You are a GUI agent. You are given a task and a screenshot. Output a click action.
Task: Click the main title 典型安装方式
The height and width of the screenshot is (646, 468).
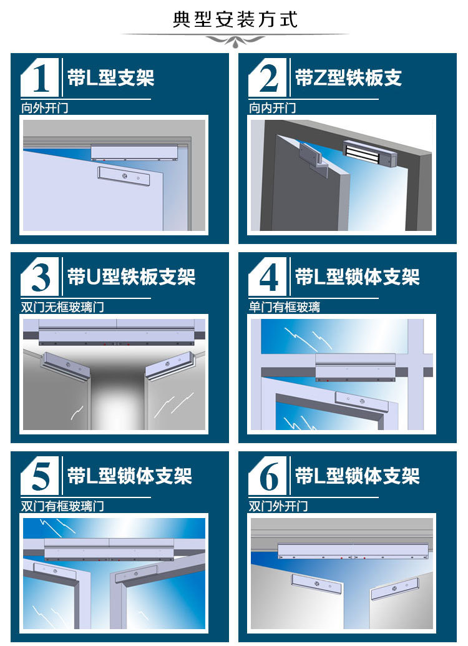[x=235, y=19]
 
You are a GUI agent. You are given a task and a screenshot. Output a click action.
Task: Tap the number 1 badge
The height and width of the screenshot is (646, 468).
[x=40, y=77]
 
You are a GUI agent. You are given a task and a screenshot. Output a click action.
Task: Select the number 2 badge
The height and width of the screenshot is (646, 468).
[x=267, y=77]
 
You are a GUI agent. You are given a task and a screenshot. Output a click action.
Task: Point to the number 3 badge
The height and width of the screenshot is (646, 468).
[x=40, y=277]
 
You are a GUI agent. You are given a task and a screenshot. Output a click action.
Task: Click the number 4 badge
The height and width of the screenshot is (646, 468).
[x=267, y=277]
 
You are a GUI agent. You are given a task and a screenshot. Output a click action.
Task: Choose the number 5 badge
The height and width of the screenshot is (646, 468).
[x=40, y=476]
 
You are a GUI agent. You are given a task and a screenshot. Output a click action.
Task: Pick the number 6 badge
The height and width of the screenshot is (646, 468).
[x=267, y=476]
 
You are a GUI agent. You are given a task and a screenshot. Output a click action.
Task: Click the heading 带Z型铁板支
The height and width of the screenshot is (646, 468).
[x=349, y=77]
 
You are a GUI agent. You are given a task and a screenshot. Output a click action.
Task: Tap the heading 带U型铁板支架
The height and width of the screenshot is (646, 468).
[x=132, y=277]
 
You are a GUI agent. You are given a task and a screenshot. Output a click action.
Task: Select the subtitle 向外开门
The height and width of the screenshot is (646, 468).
[x=45, y=108]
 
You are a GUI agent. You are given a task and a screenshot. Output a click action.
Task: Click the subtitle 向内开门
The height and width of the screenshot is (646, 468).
[x=272, y=108]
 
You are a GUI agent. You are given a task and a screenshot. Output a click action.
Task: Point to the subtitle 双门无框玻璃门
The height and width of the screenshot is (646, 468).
[x=62, y=307]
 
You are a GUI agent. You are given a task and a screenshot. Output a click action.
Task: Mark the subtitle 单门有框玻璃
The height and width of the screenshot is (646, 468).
[x=285, y=307]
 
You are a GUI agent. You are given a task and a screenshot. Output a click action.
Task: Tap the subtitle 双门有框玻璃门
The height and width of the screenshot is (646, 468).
[x=62, y=506]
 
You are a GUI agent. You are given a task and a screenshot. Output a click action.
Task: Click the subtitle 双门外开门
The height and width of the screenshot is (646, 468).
[x=278, y=506]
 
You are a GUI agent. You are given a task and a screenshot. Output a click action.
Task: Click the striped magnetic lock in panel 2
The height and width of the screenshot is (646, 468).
[x=369, y=154]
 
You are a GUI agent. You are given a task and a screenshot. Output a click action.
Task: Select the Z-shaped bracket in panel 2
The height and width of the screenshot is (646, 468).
[x=314, y=159]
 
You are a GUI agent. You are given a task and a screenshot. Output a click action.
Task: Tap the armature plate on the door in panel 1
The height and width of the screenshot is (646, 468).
[x=124, y=177]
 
